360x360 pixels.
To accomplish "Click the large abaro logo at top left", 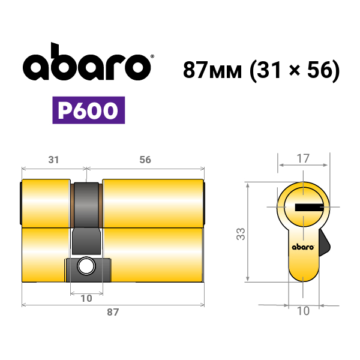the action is (86, 62).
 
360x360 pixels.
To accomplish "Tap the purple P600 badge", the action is (89, 110).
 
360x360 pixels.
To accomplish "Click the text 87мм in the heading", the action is (212, 70).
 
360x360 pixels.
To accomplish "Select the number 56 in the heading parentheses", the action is (320, 70).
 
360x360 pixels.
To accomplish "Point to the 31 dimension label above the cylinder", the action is (53, 160).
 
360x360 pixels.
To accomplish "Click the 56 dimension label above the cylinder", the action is (145, 160).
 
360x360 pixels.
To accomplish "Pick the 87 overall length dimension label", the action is (113, 312).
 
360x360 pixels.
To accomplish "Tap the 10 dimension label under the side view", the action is (86, 298).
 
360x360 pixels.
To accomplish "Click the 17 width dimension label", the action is (303, 158).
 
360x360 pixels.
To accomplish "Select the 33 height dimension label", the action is (241, 234).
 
